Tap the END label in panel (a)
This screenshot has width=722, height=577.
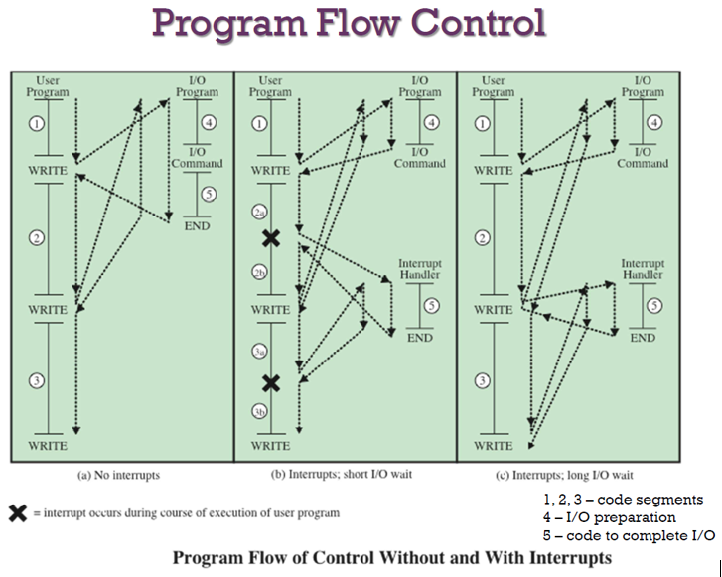point(197,225)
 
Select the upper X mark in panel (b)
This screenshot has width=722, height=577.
point(270,238)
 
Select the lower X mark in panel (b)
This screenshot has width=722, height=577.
point(270,383)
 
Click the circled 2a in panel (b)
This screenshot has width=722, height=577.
point(260,213)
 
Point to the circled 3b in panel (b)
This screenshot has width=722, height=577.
point(260,410)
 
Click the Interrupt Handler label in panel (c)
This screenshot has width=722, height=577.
point(643,270)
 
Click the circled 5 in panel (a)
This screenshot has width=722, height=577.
point(209,194)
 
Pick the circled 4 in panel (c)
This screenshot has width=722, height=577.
point(654,123)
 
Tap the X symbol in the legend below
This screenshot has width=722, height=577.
point(17,513)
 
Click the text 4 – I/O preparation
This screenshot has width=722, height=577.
point(610,517)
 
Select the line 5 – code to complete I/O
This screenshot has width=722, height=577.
point(629,535)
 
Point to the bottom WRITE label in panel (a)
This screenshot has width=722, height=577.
point(47,446)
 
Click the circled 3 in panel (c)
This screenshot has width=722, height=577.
point(484,380)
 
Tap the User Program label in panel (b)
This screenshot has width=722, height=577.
point(270,86)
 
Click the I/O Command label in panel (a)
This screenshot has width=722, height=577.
point(197,158)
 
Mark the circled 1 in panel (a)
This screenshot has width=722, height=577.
point(38,124)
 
